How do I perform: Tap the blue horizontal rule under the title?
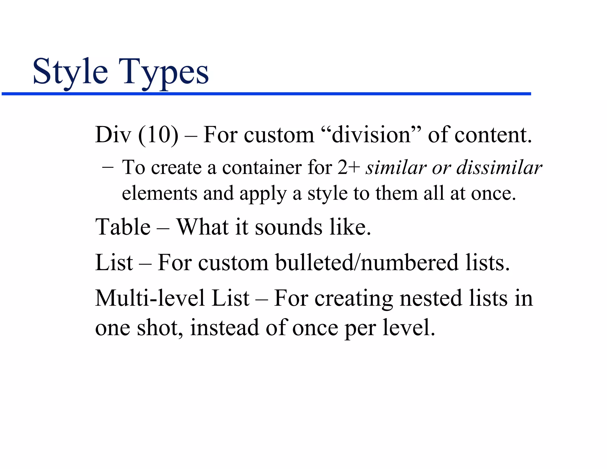click(266, 94)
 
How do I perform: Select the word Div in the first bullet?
click(113, 135)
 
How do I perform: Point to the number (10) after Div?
click(158, 135)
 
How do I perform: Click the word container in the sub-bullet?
click(262, 167)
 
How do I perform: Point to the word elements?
click(159, 193)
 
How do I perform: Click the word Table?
click(123, 227)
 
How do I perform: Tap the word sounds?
click(288, 227)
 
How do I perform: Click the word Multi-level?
click(150, 298)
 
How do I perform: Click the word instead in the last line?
click(224, 328)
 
